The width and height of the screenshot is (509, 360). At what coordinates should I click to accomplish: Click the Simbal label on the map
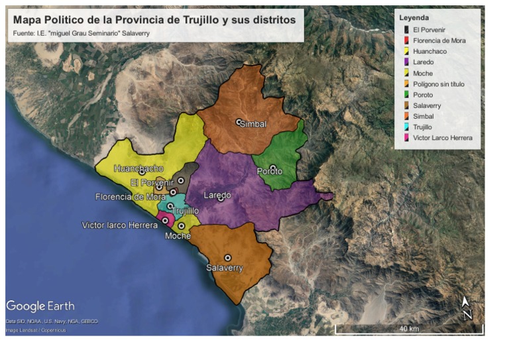click(253, 125)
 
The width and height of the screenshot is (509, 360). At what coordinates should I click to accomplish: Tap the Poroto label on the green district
click(270, 172)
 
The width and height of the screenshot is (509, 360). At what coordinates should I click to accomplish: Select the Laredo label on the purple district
click(217, 195)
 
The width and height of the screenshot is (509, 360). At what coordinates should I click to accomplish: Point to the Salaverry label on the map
click(224, 268)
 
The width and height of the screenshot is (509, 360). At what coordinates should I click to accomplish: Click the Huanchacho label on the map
click(138, 168)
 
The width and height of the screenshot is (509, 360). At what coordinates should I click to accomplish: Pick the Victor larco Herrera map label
click(119, 225)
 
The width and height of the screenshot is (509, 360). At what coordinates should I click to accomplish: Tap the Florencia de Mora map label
click(130, 197)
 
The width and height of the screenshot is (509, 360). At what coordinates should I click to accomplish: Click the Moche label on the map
click(178, 236)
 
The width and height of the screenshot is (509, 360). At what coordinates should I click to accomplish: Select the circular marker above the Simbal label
click(239, 122)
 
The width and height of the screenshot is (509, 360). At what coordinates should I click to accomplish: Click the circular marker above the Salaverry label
click(227, 258)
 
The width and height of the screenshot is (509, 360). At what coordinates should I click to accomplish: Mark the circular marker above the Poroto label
click(272, 168)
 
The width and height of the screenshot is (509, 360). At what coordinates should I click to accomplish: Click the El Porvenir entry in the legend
click(429, 30)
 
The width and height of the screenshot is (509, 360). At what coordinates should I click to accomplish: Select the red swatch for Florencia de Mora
click(406, 40)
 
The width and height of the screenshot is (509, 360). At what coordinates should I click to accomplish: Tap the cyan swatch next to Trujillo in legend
click(406, 127)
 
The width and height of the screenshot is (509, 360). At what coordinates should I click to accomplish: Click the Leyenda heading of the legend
click(414, 17)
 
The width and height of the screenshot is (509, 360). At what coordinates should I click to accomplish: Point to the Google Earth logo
click(40, 306)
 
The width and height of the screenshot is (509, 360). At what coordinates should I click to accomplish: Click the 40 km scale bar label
click(409, 330)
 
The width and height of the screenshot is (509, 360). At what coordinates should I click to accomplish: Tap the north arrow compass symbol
click(467, 308)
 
